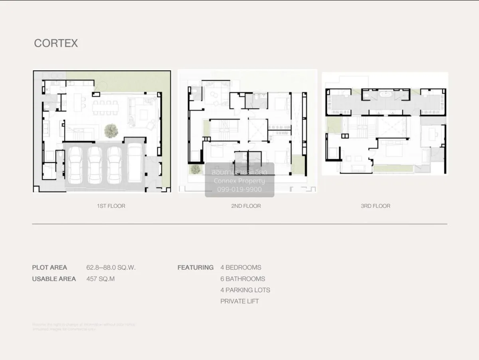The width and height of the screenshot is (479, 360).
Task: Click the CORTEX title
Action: (56, 43)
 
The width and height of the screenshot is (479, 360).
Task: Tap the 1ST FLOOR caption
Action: (111, 206)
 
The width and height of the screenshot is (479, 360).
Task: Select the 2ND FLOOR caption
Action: (246, 206)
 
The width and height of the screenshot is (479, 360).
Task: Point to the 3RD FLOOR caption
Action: (375, 206)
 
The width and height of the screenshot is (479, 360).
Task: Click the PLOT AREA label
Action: (49, 268)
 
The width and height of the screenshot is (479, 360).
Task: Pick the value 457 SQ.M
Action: (100, 279)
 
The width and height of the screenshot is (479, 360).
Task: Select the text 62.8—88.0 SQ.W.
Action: (111, 268)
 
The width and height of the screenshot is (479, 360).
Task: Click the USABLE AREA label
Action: (54, 279)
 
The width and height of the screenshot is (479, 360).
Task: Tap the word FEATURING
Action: (195, 268)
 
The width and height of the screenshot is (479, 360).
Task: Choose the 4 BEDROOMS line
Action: (241, 268)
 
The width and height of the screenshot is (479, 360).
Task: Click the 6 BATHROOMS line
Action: (243, 279)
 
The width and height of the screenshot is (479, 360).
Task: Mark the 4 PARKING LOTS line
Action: (245, 290)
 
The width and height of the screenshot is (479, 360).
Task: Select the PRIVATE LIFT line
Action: (239, 301)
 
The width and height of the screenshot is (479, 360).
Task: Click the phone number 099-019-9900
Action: (239, 189)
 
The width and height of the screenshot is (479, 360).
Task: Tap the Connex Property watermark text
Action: (239, 181)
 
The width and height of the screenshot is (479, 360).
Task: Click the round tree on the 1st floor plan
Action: (111, 130)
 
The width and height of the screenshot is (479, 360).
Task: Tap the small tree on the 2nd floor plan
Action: (195, 169)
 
